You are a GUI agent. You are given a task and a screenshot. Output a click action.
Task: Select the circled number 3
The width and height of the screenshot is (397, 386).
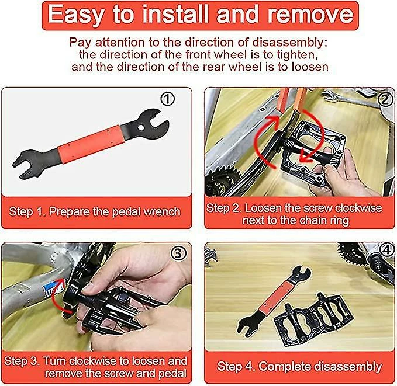(x=178, y=253)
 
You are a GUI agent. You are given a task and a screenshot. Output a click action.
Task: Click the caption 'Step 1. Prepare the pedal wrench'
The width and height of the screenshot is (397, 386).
(x=95, y=211)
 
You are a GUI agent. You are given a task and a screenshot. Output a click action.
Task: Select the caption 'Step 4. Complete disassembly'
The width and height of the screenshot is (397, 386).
(x=299, y=367)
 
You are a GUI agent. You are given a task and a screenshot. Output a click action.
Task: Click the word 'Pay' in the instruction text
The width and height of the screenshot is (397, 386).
(x=81, y=42)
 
